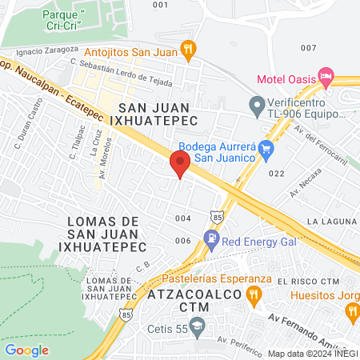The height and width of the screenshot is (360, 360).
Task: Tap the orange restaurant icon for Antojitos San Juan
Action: (x=188, y=50)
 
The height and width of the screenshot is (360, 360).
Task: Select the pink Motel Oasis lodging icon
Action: (x=325, y=78)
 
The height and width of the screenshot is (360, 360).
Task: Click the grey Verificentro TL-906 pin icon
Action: (x=257, y=105)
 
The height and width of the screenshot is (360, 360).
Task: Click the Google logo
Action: (x=26, y=350)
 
